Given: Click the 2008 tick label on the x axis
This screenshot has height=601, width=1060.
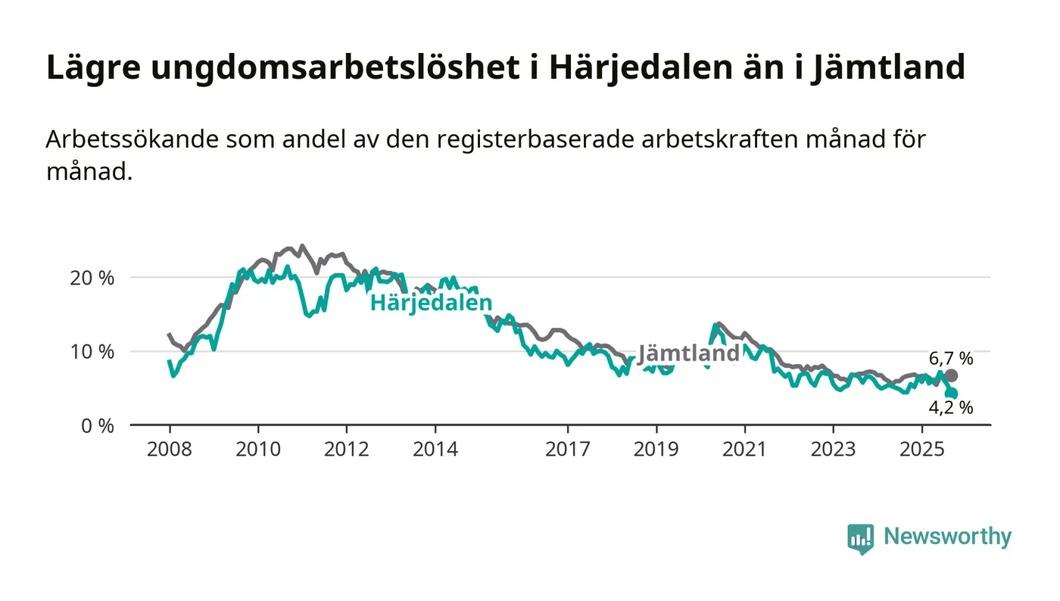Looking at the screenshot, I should click(170, 450).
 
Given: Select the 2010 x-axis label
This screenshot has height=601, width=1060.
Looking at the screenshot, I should click(258, 450).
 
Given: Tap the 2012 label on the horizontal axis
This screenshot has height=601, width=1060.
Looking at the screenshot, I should click(347, 450).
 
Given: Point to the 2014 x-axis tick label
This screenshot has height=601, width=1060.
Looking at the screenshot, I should click(435, 450).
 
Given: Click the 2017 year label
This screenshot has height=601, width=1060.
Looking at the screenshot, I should click(568, 450).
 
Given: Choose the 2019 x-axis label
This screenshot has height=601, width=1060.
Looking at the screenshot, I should click(656, 450).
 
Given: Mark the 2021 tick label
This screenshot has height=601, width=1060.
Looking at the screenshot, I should click(745, 450).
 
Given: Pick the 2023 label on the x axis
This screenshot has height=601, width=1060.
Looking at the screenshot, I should click(834, 450).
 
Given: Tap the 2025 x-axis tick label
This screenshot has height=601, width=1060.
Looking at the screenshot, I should click(922, 450).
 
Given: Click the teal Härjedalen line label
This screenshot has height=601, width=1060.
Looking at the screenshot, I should click(431, 304).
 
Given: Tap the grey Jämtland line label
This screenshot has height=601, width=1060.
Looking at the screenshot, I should click(688, 353).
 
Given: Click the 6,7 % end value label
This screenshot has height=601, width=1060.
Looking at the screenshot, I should click(951, 359).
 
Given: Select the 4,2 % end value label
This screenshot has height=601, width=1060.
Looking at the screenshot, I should click(951, 408).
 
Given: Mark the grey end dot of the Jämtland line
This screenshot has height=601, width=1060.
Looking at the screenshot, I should click(951, 375).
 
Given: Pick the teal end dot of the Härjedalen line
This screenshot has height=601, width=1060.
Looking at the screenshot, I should click(952, 394).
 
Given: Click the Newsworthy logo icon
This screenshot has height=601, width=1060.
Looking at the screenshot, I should click(860, 538).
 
